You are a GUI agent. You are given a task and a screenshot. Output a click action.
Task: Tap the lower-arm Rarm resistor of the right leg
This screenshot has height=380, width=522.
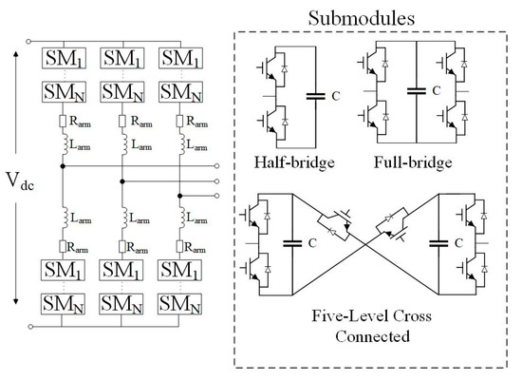(180, 247)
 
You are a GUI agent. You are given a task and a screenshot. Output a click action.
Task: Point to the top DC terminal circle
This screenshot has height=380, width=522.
(33, 41)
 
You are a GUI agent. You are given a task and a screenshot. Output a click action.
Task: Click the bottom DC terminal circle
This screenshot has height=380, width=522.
(33, 326)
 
